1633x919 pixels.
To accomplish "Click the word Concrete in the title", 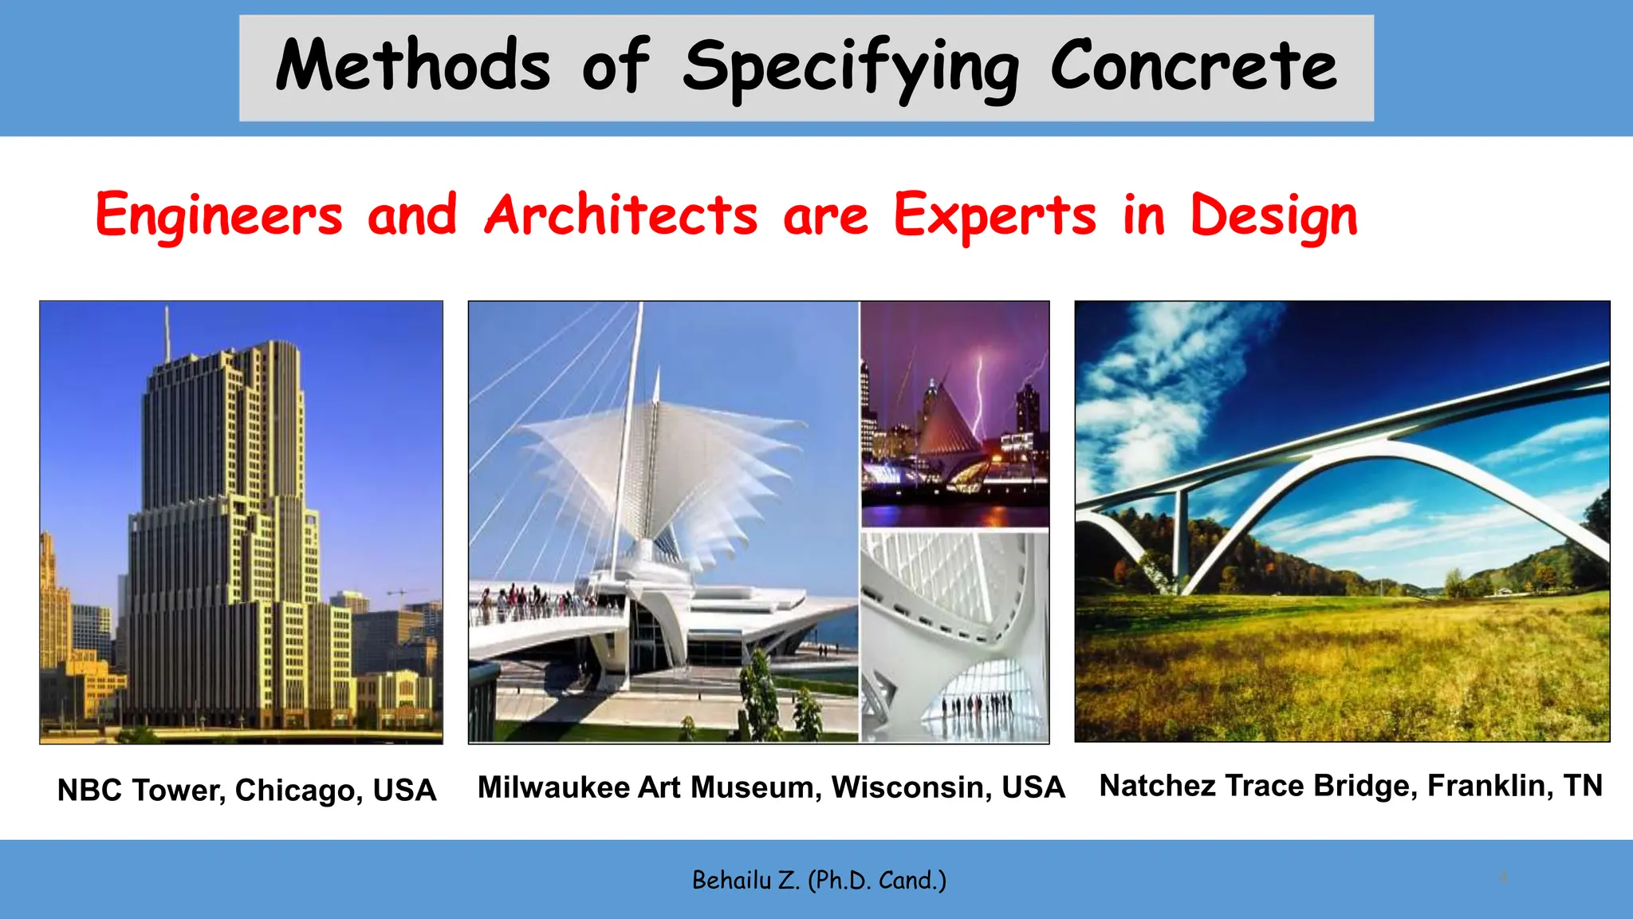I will [x=1193, y=66].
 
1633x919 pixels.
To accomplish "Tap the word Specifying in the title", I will [x=850, y=68].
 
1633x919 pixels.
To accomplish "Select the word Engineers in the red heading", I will [x=218, y=215].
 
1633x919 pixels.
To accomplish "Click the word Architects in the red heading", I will [x=621, y=215].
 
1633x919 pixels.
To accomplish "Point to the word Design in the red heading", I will [x=1273, y=215].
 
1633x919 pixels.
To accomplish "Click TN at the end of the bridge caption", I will [x=1583, y=786].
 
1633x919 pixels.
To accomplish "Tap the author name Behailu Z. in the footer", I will [x=745, y=881].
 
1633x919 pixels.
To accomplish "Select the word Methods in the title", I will [x=413, y=66].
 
